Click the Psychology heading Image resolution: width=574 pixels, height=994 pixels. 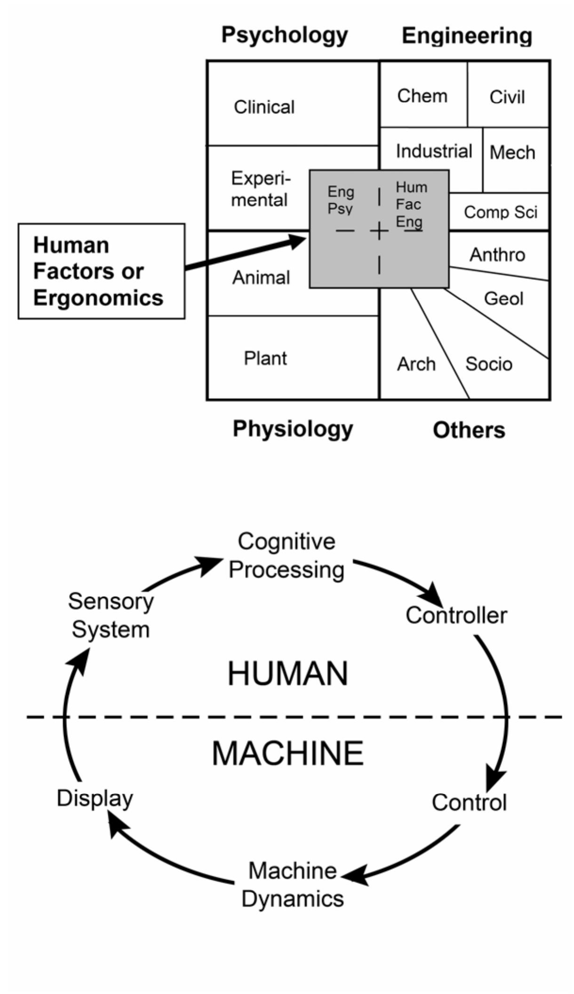tap(284, 35)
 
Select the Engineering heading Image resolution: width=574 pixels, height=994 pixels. tap(466, 36)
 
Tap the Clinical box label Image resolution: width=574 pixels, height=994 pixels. tap(264, 107)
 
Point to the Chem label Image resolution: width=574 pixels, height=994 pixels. tap(422, 96)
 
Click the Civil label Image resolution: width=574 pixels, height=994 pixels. tap(507, 97)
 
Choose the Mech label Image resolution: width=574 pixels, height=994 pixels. tap(512, 152)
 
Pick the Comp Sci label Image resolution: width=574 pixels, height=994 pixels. tap(500, 212)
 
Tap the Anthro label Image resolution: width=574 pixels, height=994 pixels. tap(497, 254)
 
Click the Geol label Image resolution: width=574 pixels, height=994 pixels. tap(503, 298)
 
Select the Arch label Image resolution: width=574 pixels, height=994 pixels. tap(416, 364)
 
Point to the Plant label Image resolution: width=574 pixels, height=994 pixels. tap(265, 358)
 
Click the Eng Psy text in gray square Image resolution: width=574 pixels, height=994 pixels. tap(341, 199)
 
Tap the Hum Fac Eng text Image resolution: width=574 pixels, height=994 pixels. tap(410, 204)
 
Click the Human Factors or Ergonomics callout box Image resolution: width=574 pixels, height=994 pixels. tap(101, 271)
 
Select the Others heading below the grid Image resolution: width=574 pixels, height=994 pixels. tap(469, 430)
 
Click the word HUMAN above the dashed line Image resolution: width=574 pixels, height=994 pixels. tap(287, 674)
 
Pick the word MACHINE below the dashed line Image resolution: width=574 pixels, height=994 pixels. tap(287, 753)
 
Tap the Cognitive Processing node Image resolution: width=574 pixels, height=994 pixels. tap(286, 556)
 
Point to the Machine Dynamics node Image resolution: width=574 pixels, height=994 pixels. tap(292, 884)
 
